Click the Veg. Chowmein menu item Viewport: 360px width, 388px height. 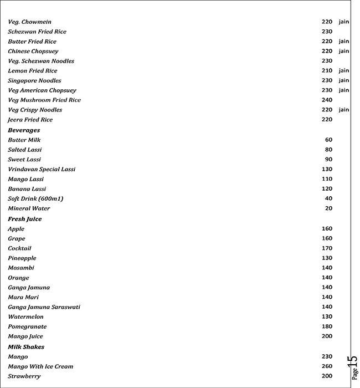[x=29, y=22]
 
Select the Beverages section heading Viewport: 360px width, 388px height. [x=24, y=130]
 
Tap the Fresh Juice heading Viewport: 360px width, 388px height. [x=24, y=219]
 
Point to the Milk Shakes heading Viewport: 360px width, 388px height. [x=26, y=347]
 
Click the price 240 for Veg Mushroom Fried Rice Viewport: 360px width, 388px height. [x=327, y=100]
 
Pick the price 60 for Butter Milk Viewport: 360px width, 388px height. [x=328, y=140]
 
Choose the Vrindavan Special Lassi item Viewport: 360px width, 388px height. [x=42, y=170]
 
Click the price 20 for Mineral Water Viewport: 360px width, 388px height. [x=328, y=208]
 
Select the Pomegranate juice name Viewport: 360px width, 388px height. [x=27, y=326]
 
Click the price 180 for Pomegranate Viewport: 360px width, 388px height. [x=327, y=326]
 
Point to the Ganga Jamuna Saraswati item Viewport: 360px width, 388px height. [x=44, y=307]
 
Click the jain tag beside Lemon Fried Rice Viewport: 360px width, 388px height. [x=344, y=71]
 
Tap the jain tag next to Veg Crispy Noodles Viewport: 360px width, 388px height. [x=344, y=110]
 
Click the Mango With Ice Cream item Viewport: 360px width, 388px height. [x=40, y=366]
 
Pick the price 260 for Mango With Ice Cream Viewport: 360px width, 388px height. [x=327, y=366]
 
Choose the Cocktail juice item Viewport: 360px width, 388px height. [x=19, y=248]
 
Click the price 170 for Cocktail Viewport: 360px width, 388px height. [x=327, y=248]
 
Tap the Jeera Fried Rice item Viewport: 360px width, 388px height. [x=30, y=120]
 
